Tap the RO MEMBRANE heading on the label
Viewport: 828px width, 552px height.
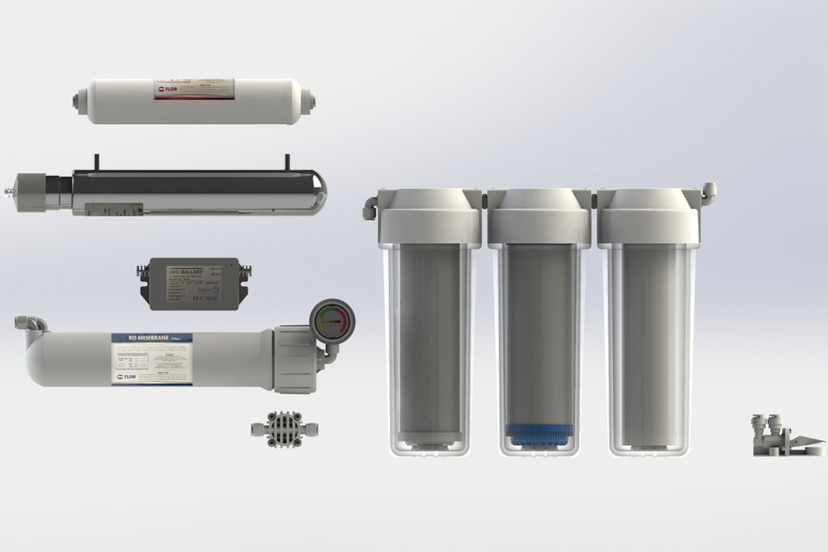137,339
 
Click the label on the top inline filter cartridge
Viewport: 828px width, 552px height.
195,90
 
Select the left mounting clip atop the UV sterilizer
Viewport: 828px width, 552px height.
98,162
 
